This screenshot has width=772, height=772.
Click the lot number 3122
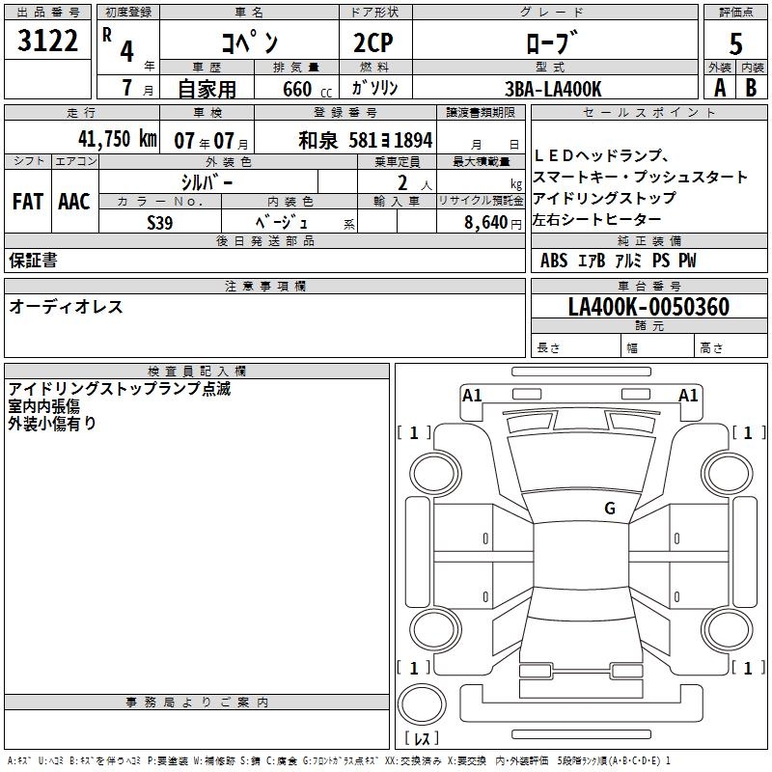[x=47, y=41]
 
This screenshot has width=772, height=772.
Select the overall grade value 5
[x=735, y=43]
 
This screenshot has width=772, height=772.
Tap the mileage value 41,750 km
[x=118, y=138]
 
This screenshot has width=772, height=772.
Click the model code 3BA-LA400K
[x=553, y=89]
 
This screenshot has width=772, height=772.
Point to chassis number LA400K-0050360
[x=648, y=306]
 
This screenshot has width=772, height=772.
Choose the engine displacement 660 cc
[x=307, y=89]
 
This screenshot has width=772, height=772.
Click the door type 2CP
[x=373, y=42]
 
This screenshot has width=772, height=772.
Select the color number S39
[x=160, y=223]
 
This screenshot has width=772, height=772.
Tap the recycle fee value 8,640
[x=486, y=222]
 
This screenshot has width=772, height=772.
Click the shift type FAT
[x=28, y=202]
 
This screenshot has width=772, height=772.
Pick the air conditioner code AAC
[x=74, y=202]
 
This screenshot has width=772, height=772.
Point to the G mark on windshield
[x=610, y=508]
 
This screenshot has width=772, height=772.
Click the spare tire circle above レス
[x=422, y=703]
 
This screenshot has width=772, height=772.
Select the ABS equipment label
[x=554, y=260]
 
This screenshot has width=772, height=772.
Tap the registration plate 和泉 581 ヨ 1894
[x=366, y=140]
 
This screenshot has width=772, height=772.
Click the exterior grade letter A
[x=720, y=88]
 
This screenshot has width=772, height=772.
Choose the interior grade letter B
[x=751, y=88]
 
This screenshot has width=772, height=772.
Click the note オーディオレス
[x=66, y=307]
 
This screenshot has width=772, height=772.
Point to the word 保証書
[x=33, y=260]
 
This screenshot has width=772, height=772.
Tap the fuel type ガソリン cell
[x=374, y=88]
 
